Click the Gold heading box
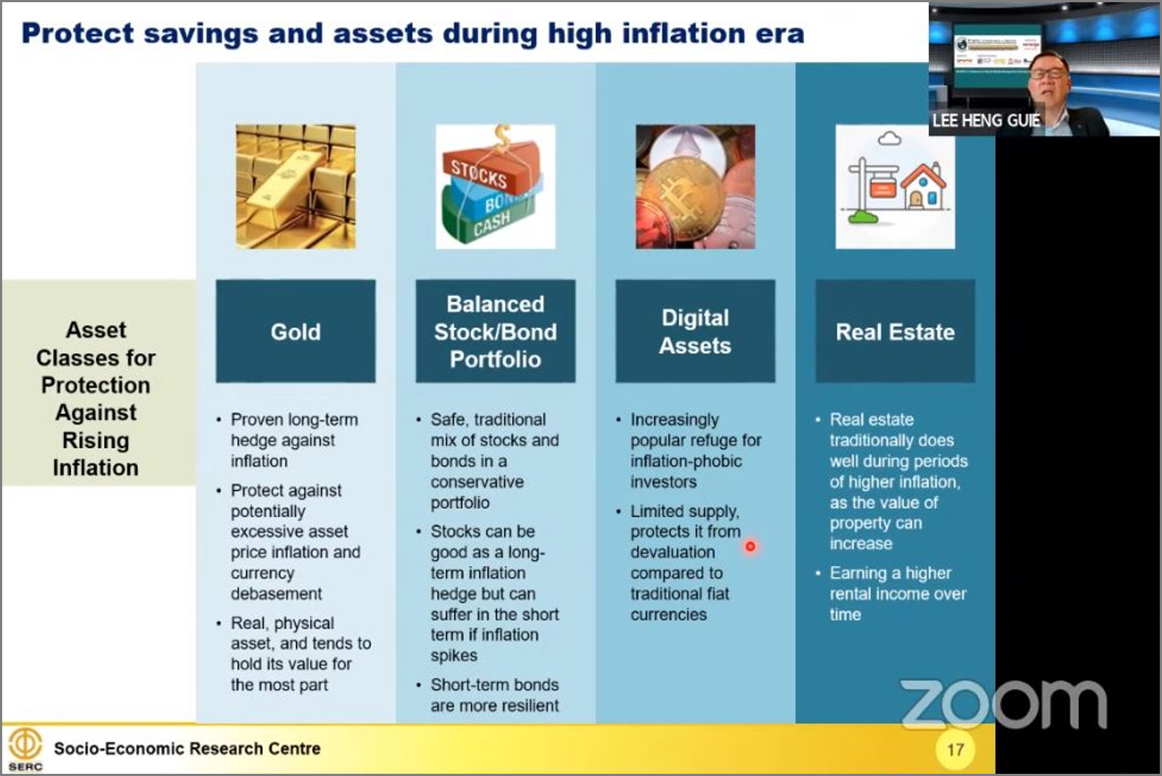tap(296, 331)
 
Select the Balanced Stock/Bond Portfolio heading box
tap(496, 331)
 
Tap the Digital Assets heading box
tap(695, 331)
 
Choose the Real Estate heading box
tap(895, 331)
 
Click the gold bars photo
tap(296, 186)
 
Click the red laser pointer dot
tap(750, 546)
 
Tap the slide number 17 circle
tap(956, 749)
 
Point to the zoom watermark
tap(1004, 704)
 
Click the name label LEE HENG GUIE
tap(985, 120)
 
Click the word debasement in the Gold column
tap(276, 593)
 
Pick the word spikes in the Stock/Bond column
tap(454, 656)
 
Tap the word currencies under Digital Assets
tap(669, 615)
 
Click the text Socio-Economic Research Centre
tap(187, 749)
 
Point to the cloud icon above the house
tap(889, 138)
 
